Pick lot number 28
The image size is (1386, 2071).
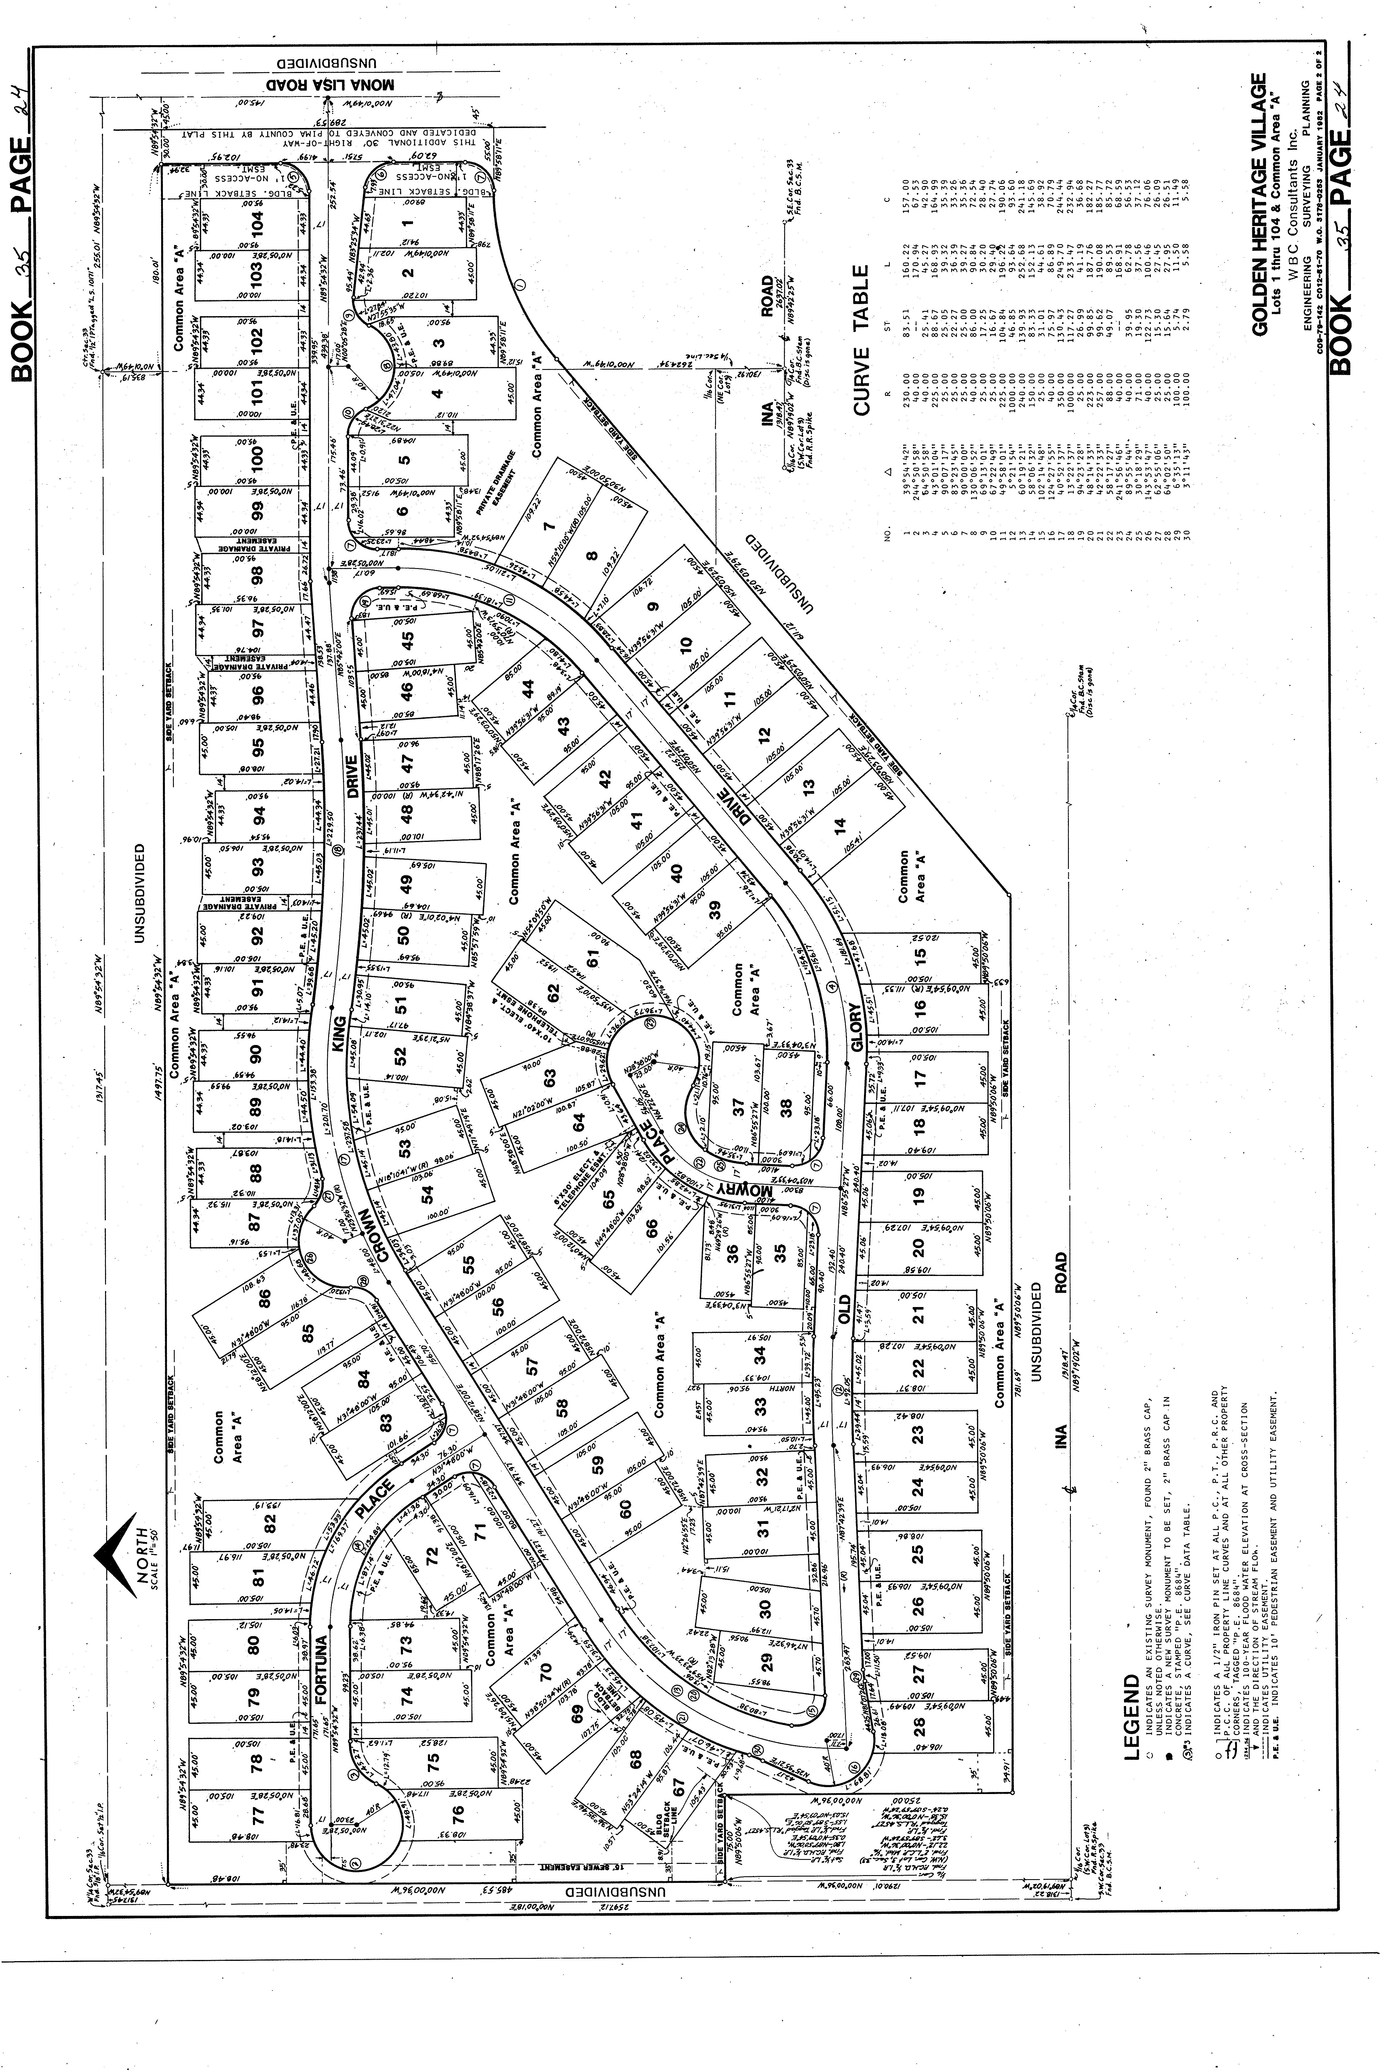(919, 1726)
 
